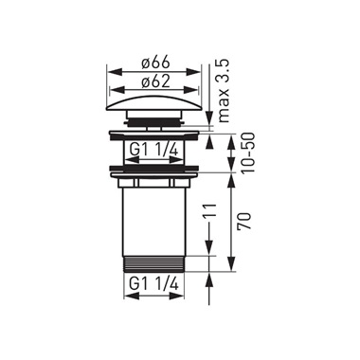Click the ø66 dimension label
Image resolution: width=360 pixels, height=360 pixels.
click(155, 63)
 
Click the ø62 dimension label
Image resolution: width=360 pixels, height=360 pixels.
click(155, 81)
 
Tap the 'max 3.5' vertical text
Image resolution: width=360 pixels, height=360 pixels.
click(223, 91)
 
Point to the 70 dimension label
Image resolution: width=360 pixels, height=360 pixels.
click(246, 221)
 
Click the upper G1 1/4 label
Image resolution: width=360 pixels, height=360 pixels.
click(154, 150)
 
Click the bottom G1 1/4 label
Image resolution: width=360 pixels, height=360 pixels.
click(154, 284)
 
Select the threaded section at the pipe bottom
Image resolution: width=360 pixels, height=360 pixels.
click(154, 263)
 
